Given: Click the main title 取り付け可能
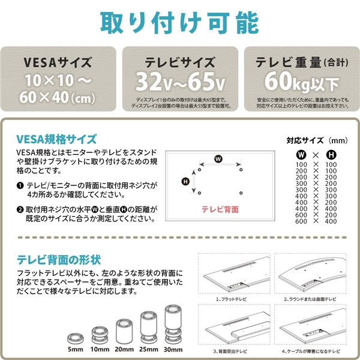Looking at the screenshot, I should [179, 22].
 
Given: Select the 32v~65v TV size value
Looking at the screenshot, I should [181, 80].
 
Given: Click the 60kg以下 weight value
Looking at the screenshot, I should [299, 80].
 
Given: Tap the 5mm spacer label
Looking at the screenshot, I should [77, 349].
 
